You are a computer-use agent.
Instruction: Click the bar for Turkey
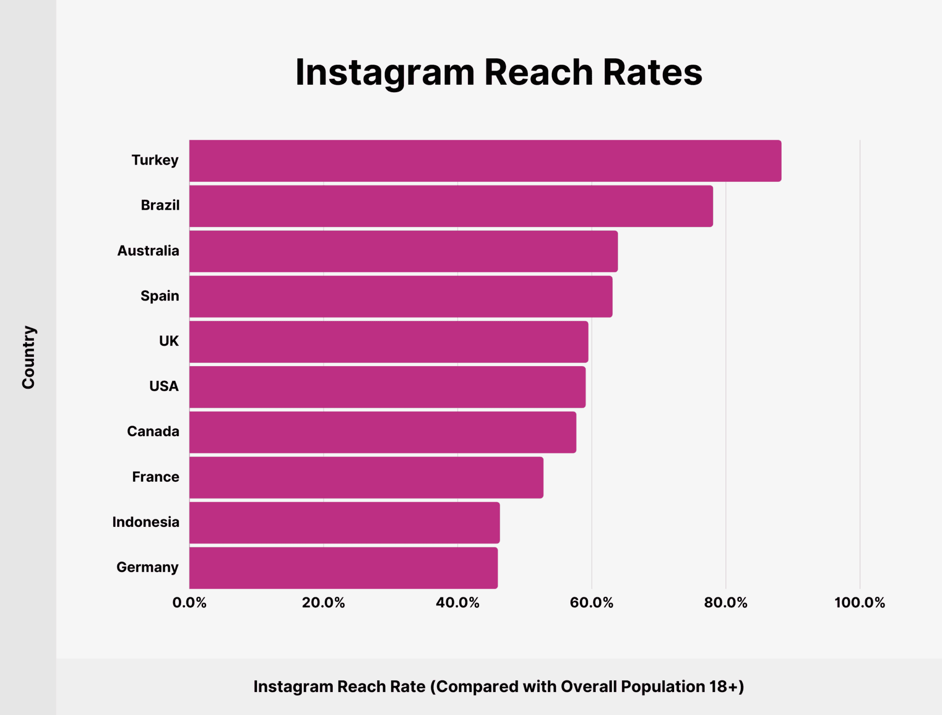pos(485,161)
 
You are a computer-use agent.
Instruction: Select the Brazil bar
pos(450,206)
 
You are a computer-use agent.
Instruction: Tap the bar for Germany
pos(343,567)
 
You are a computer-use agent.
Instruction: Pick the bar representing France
pos(366,477)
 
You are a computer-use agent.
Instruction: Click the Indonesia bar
pos(344,522)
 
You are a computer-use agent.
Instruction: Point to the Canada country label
pos(153,431)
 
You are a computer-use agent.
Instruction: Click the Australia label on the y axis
pos(148,251)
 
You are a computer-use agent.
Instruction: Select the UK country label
pos(169,341)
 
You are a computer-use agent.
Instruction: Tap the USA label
pos(164,386)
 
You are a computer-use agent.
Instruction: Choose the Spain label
pos(160,296)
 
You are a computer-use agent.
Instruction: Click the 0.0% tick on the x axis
pos(189,603)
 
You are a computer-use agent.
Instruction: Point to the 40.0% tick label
pos(457,603)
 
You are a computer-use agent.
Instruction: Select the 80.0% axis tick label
pos(726,603)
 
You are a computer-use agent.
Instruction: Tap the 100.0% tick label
pos(860,603)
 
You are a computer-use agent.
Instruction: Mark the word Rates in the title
pos(653,73)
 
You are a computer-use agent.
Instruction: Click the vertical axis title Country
pos(28,357)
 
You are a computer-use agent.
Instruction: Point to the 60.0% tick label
pos(592,603)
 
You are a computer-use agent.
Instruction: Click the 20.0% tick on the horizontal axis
pos(323,603)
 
